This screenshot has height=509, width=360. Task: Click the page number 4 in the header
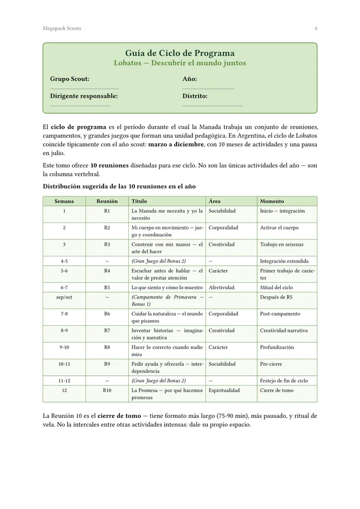point(316,28)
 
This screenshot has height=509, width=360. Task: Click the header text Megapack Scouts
point(62,28)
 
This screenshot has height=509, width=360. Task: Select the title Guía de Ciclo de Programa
point(180,53)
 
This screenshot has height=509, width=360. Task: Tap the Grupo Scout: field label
point(70,79)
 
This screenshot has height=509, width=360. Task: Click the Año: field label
point(190,79)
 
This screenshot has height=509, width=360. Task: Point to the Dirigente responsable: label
point(84,96)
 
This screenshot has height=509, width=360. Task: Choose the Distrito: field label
point(195,96)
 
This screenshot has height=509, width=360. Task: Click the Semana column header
point(64,201)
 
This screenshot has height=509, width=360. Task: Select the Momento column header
point(272,201)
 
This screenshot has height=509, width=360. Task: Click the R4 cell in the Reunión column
point(107,271)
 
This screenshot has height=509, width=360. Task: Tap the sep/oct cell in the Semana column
point(64,297)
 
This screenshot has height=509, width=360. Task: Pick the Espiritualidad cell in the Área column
point(224,390)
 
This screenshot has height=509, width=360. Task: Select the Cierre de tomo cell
point(277,390)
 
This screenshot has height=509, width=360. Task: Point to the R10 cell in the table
point(107,390)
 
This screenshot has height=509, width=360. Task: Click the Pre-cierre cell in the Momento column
point(271,364)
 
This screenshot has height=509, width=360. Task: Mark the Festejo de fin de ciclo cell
point(283,381)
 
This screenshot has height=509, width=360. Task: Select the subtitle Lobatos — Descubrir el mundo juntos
point(180,63)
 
